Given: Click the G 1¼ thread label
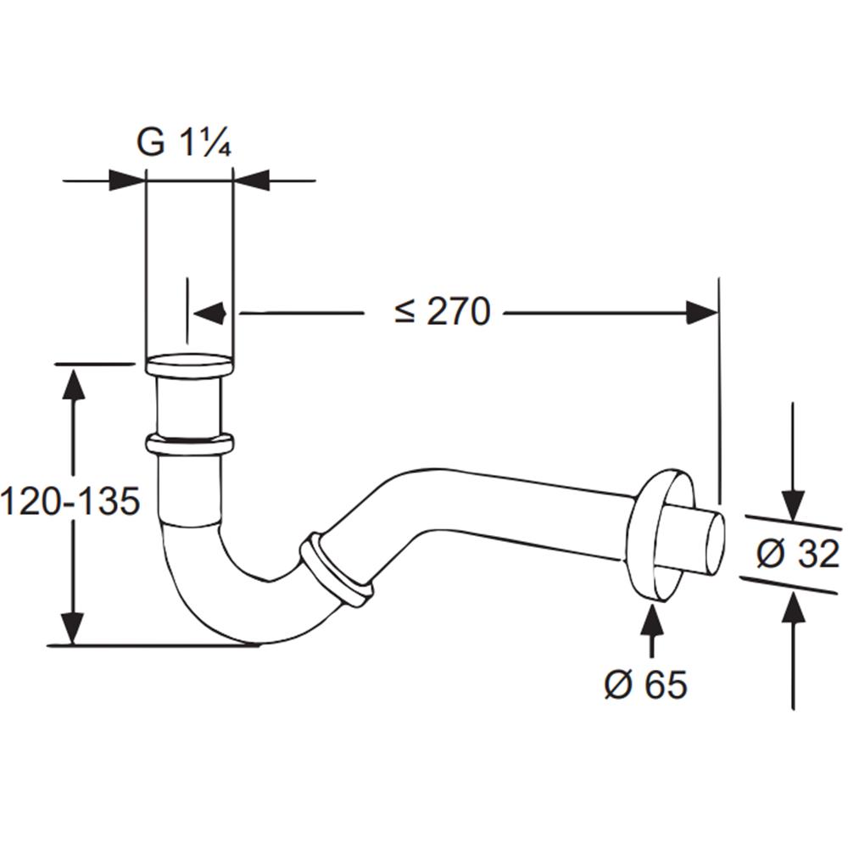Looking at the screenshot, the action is [184, 142].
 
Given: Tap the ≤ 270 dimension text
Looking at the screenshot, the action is [443, 312].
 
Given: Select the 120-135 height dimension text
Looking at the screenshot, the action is [70, 500].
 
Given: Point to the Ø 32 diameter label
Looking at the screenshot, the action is [798, 554].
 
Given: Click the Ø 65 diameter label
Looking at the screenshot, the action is [645, 683].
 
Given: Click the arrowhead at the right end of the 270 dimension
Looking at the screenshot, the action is [702, 313].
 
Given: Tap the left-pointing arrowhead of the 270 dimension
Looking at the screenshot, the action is [209, 313].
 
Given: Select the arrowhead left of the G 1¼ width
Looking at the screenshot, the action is [128, 180].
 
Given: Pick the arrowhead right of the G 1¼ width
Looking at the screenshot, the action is [251, 180].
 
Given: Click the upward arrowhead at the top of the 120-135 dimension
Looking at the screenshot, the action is [73, 383].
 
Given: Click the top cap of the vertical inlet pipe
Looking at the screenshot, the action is [189, 364].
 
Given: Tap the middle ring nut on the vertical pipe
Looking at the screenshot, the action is [189, 444].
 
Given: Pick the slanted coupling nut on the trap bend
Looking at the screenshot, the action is [335, 571].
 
